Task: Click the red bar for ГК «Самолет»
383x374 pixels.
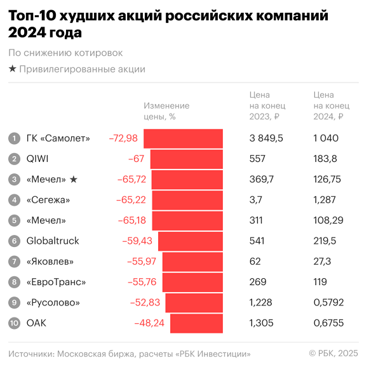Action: [183, 138]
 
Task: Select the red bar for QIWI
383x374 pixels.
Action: [186, 159]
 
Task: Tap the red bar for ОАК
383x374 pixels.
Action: [196, 323]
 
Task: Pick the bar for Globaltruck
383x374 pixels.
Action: [190, 241]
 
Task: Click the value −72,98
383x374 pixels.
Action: [123, 138]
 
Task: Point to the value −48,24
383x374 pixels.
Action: [149, 323]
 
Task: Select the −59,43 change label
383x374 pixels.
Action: [137, 241]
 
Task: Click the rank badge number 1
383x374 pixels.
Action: [14, 138]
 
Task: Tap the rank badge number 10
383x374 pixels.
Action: [14, 323]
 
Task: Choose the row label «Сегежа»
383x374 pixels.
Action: [48, 200]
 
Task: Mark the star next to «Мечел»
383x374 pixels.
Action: [73, 180]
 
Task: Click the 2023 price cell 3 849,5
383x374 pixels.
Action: [266, 138]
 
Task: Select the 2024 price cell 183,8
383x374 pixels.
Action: [325, 159]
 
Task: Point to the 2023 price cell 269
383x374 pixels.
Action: [258, 282]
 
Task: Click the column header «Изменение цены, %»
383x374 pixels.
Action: [166, 111]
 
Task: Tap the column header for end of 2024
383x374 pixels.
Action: [331, 105]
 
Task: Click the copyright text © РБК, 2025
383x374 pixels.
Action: [333, 353]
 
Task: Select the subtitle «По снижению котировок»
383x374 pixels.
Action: [65, 53]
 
